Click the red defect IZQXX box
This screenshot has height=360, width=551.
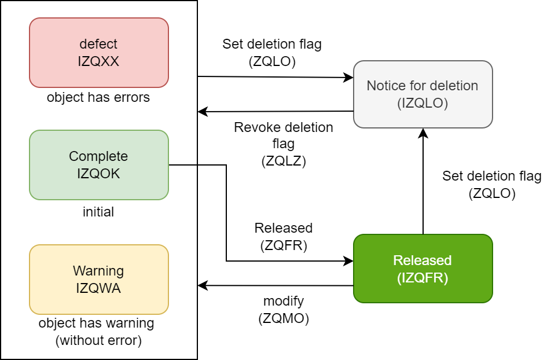[98, 52]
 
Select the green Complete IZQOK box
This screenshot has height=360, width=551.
[98, 164]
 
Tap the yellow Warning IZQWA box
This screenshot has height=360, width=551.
[98, 279]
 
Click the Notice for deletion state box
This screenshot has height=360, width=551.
[423, 94]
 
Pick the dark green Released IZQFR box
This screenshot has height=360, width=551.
[423, 269]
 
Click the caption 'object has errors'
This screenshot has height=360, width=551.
[98, 97]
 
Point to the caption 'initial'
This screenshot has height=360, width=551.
[98, 212]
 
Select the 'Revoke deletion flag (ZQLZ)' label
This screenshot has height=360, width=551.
[283, 144]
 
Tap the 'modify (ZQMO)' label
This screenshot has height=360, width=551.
[283, 310]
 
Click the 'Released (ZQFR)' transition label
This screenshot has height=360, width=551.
[283, 236]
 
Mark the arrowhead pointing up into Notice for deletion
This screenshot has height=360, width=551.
[423, 133]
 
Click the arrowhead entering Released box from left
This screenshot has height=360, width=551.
[349, 261]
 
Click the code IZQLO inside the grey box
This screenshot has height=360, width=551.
[423, 103]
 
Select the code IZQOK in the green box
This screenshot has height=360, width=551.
[98, 172]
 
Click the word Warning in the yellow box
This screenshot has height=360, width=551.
[98, 271]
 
